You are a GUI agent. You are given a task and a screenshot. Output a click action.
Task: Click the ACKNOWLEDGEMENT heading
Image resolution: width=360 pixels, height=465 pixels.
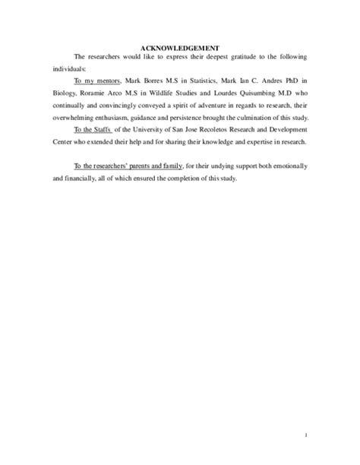click(x=179, y=47)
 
